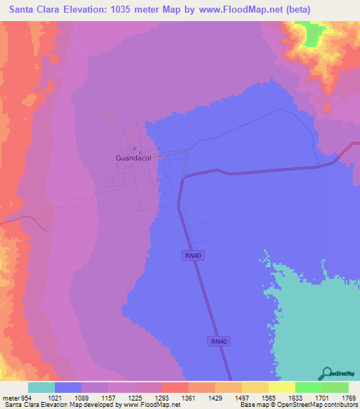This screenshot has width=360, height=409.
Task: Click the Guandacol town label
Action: pyautogui.click(x=134, y=158)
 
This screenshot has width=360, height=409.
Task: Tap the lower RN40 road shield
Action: pyautogui.click(x=218, y=341)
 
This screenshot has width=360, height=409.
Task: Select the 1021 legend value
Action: pyautogui.click(x=55, y=398)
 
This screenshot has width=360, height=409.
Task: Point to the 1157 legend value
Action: pyautogui.click(x=108, y=398)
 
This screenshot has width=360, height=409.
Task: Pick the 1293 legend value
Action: pyautogui.click(x=162, y=398)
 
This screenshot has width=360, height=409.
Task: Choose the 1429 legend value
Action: pyautogui.click(x=215, y=398)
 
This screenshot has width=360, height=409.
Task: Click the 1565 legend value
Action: pyautogui.click(x=269, y=398)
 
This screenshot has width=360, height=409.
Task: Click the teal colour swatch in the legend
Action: pyautogui.click(x=41, y=387)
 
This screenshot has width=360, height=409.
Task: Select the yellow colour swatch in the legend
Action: pyautogui.click(x=282, y=387)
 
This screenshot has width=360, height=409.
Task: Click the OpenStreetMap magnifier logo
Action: pyautogui.click(x=326, y=373)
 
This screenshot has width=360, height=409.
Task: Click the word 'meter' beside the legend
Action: pyautogui.click(x=8, y=398)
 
